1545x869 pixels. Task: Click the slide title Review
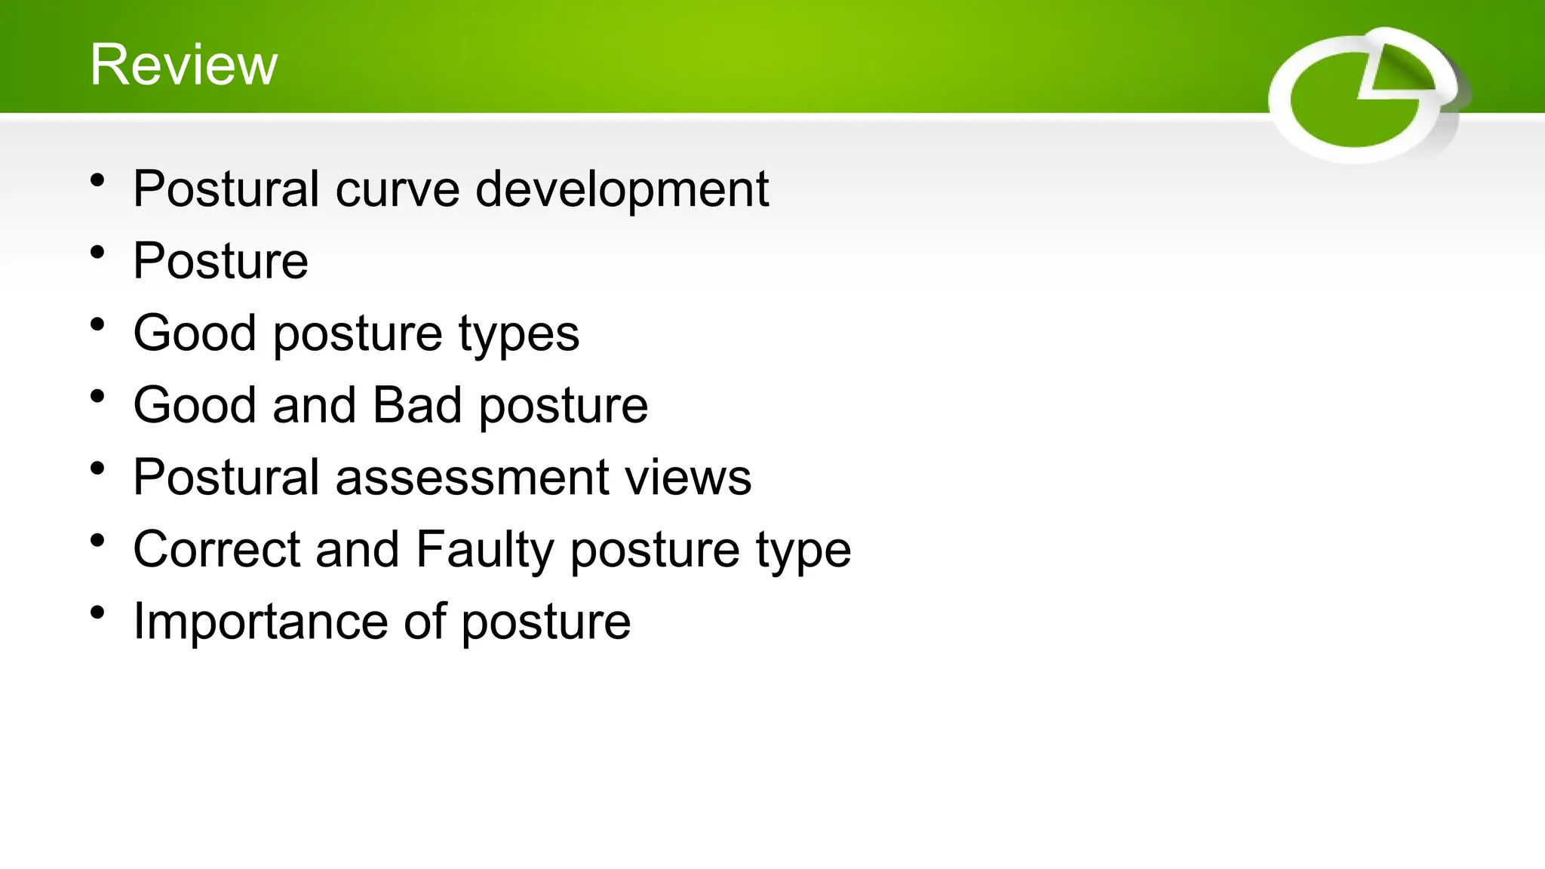(183, 65)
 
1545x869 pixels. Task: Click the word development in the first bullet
(622, 189)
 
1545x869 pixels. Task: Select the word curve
(397, 189)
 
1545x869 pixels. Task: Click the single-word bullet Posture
(220, 261)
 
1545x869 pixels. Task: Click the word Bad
(417, 405)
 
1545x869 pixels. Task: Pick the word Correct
(216, 550)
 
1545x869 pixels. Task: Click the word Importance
(260, 622)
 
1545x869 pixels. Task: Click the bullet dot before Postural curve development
(97, 181)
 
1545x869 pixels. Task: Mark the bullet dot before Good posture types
(97, 325)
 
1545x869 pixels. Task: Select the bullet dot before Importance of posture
(97, 613)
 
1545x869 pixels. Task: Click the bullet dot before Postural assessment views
(97, 469)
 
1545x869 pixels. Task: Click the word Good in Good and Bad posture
(195, 405)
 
